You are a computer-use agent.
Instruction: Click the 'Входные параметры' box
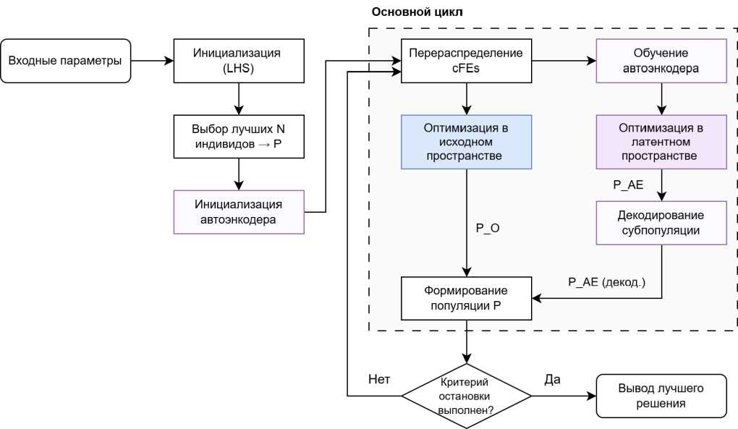66,60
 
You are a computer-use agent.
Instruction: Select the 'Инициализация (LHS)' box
239,60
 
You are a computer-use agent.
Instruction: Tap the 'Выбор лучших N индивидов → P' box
239,136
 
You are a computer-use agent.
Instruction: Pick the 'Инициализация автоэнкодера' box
239,211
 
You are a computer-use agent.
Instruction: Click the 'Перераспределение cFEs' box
467,60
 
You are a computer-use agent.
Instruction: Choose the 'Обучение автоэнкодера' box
661,60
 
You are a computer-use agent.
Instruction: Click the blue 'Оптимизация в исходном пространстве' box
467,143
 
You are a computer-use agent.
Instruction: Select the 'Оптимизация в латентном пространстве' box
661,143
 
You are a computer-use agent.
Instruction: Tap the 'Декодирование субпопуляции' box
661,224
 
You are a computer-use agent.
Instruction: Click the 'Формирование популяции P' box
467,298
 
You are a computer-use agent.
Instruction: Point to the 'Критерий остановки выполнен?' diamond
467,396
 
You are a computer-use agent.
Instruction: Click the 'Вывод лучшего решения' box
661,396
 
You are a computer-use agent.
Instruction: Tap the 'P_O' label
488,228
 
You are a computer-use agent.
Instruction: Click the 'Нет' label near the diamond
381,380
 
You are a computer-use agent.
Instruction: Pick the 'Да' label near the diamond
552,380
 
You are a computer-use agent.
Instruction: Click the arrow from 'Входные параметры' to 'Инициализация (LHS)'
152,60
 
